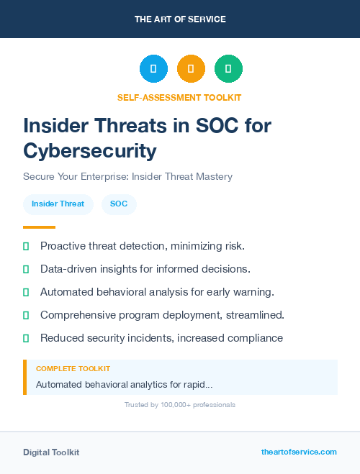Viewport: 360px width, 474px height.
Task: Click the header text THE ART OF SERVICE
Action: [x=180, y=19]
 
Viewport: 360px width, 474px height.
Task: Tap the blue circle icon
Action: [x=153, y=69]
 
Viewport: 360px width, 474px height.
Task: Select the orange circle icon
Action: [x=191, y=69]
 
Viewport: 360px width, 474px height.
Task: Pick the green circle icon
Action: [x=228, y=69]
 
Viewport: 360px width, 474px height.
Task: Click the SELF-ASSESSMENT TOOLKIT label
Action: [x=180, y=97]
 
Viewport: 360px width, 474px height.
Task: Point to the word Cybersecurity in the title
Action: [x=89, y=150]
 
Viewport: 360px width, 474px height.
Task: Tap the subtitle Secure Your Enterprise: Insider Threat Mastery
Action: [x=127, y=176]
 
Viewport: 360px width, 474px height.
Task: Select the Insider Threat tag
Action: [x=58, y=204]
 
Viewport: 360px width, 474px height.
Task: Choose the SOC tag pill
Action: [x=119, y=204]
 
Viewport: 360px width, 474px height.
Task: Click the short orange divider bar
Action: [x=39, y=227]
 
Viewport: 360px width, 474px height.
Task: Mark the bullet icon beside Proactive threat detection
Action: [x=26, y=246]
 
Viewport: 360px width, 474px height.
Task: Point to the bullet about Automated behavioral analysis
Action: [x=157, y=292]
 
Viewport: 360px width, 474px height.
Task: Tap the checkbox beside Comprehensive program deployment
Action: [x=26, y=315]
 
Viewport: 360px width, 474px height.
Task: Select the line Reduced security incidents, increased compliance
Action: [x=161, y=338]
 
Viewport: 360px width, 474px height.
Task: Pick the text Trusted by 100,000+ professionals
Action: [x=180, y=405]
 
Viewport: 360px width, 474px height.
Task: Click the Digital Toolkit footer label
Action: [x=51, y=452]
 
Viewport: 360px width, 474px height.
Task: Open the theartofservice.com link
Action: [x=299, y=452]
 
